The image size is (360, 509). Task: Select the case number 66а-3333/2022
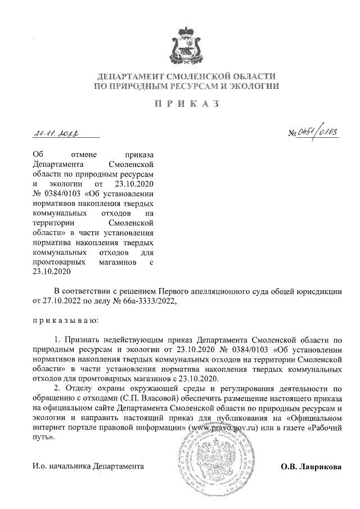(148, 301)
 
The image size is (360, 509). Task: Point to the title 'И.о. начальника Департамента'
(88, 467)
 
